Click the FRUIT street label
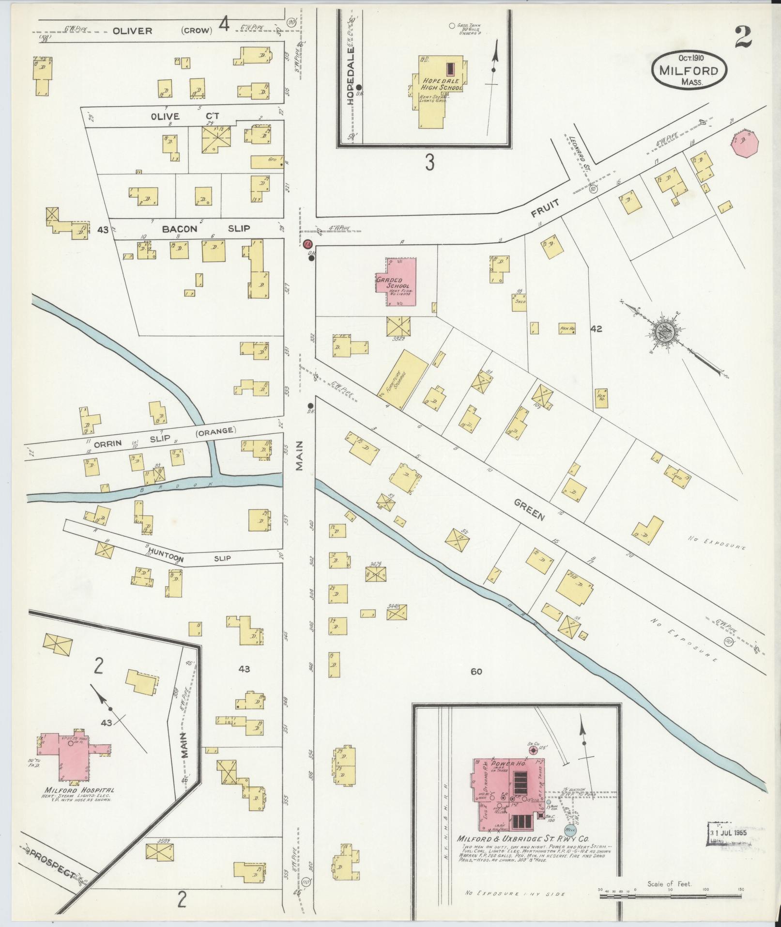[x=546, y=208]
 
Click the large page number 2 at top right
[x=742, y=38]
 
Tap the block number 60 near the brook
[x=476, y=671]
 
